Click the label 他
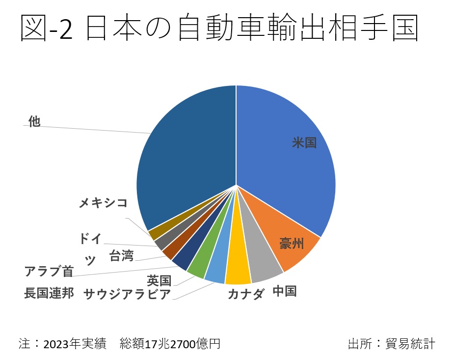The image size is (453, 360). pos(34,121)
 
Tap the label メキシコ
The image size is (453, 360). pos(104,202)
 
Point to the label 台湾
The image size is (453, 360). pos(121,256)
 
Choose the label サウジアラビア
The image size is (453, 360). pos(127,294)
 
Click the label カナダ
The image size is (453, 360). pos(246,294)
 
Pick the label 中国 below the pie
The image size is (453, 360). pos(285,291)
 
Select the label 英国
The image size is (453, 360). pos(159,281)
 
